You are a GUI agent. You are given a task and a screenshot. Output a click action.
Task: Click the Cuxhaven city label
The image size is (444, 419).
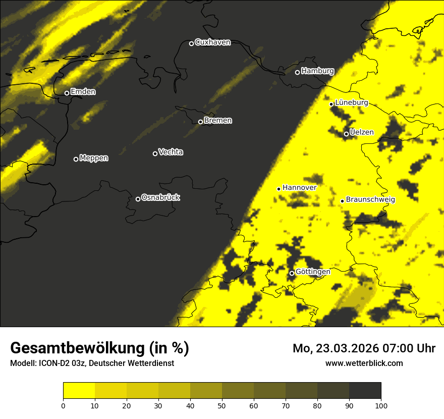(212, 42)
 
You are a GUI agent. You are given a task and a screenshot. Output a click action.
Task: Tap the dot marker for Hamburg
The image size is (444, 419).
(297, 72)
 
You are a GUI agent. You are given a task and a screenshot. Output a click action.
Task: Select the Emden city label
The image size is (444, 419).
(83, 92)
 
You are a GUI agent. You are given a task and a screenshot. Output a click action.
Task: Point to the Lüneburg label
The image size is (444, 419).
(352, 103)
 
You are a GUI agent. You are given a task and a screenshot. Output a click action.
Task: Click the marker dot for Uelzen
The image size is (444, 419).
(346, 134)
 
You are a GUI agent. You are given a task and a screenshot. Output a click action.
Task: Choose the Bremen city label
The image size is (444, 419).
(218, 121)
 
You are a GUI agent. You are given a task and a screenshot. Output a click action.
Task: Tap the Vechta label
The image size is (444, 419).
(171, 152)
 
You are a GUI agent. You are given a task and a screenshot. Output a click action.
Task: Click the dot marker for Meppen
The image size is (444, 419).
(76, 159)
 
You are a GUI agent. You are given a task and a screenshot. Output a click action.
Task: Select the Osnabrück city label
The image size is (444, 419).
(160, 197)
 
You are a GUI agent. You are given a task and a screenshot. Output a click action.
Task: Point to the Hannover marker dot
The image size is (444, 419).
(279, 189)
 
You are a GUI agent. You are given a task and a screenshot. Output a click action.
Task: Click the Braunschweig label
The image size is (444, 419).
(370, 199)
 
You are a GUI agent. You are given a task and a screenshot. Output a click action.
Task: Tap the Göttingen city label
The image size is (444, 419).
(313, 272)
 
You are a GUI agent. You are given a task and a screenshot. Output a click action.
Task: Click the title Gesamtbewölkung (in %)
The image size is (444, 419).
(99, 348)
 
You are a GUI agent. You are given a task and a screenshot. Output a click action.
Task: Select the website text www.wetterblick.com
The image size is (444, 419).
(364, 363)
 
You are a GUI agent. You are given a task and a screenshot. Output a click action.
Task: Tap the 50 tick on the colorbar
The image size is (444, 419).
(222, 405)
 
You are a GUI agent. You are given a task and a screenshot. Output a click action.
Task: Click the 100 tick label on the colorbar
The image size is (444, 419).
(381, 405)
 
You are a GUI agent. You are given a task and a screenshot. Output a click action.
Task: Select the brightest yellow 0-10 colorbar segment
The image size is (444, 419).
(79, 391)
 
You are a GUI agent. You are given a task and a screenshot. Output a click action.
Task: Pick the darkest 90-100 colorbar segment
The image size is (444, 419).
(365, 391)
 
